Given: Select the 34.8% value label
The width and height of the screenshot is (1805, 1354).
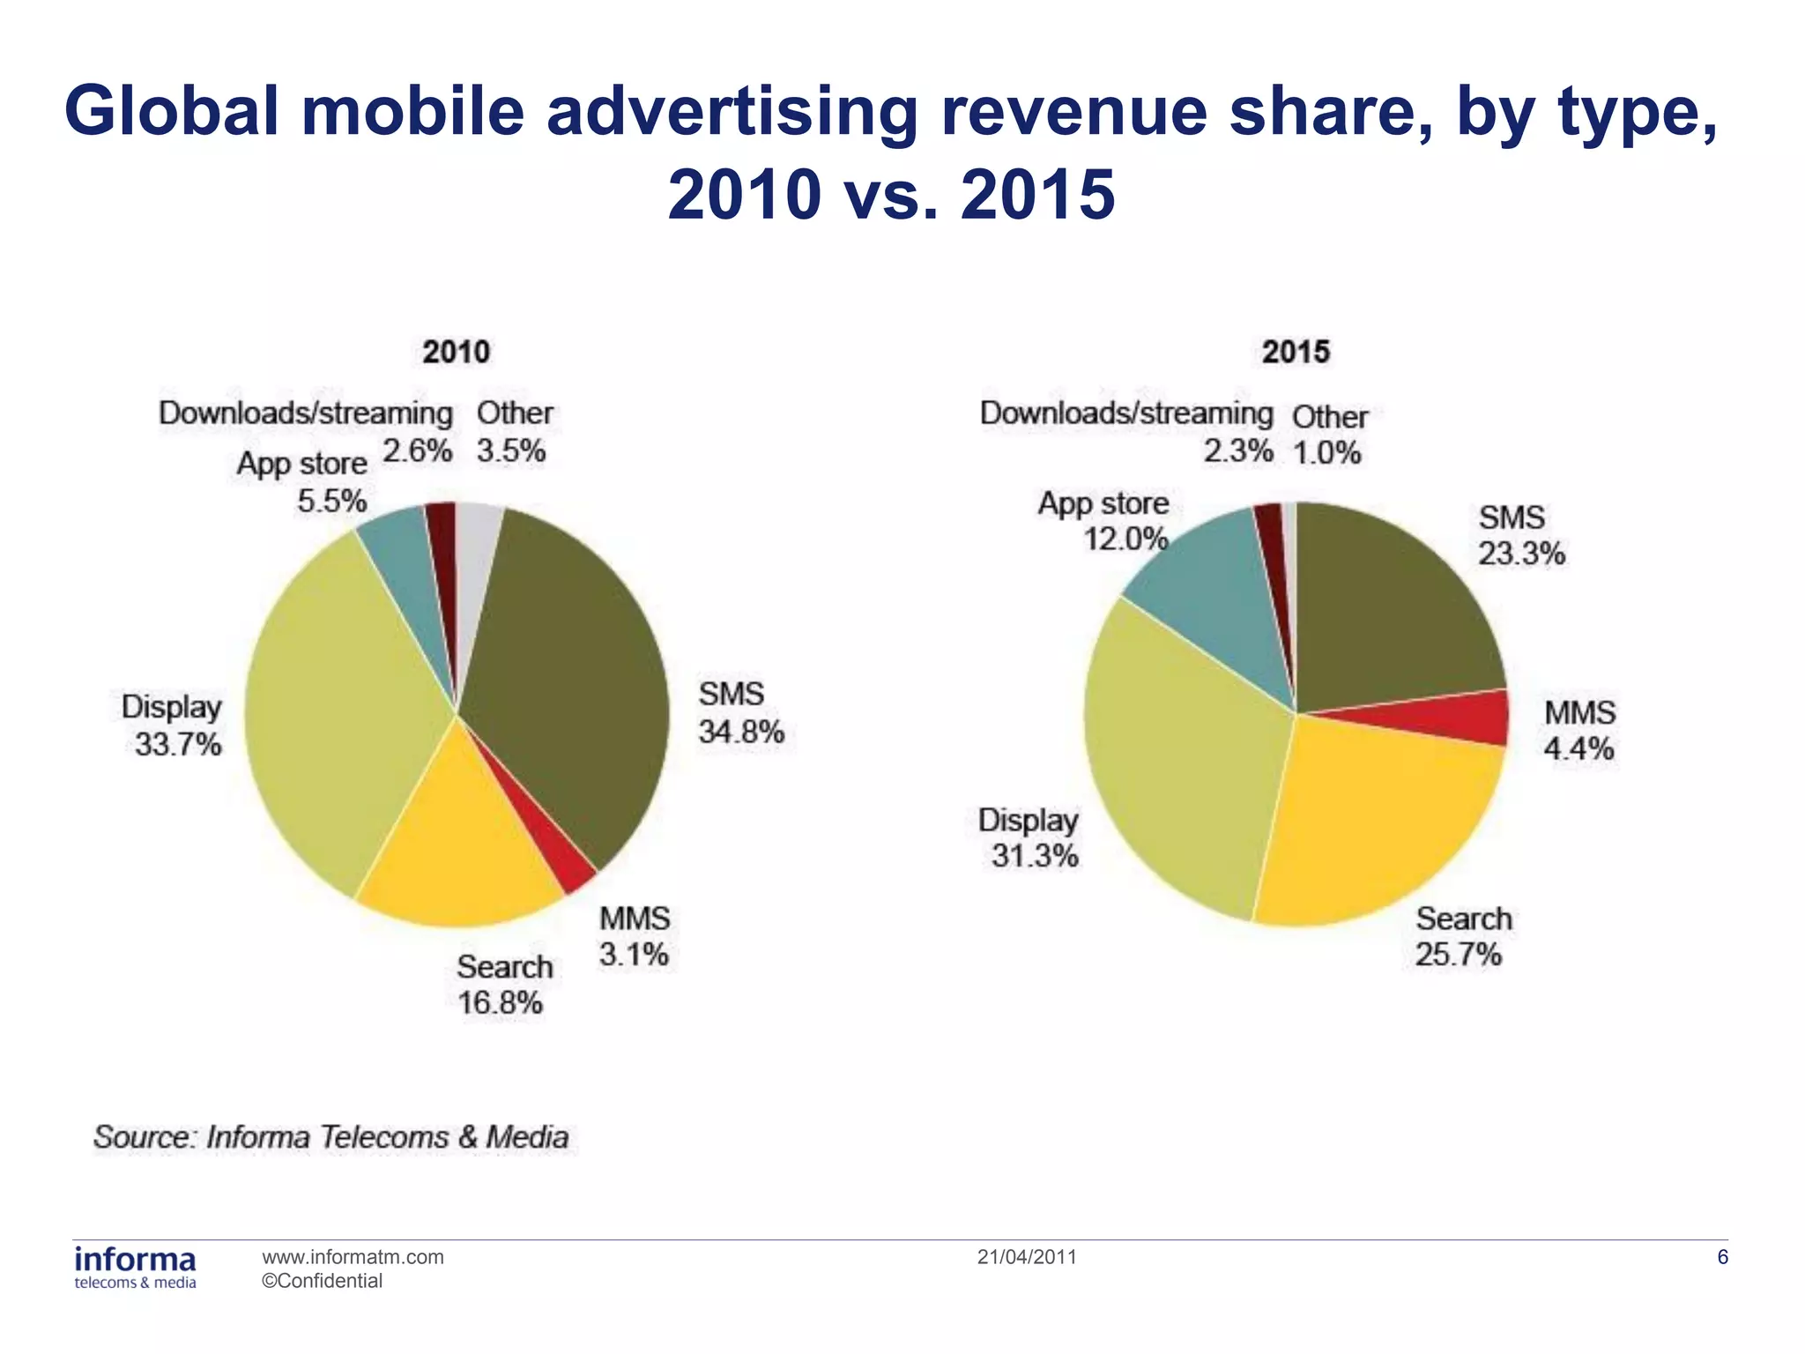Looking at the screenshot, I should [741, 732].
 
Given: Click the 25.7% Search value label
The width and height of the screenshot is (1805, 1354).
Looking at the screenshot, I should [1459, 955].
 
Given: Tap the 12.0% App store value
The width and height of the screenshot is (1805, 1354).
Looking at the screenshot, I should [1125, 539].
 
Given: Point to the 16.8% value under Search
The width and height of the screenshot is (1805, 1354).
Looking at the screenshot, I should [500, 1003].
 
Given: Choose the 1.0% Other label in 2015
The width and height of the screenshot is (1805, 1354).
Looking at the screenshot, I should [1327, 453].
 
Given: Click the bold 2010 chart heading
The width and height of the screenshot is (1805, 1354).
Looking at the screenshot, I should [456, 352].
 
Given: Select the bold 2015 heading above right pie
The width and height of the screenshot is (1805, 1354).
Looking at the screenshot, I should [1295, 352].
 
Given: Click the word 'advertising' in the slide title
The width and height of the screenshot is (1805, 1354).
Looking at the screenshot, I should [732, 112].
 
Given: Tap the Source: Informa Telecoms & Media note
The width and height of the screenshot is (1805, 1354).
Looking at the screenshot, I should [331, 1137].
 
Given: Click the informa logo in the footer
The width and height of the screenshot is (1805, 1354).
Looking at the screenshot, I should [135, 1267].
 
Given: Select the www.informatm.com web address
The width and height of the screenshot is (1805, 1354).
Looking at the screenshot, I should [353, 1257].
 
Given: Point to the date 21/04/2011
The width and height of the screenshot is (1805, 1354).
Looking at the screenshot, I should [1027, 1257].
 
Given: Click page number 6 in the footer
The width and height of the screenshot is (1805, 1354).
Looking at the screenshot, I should [1723, 1257].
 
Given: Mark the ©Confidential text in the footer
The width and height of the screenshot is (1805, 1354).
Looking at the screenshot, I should [323, 1281].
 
